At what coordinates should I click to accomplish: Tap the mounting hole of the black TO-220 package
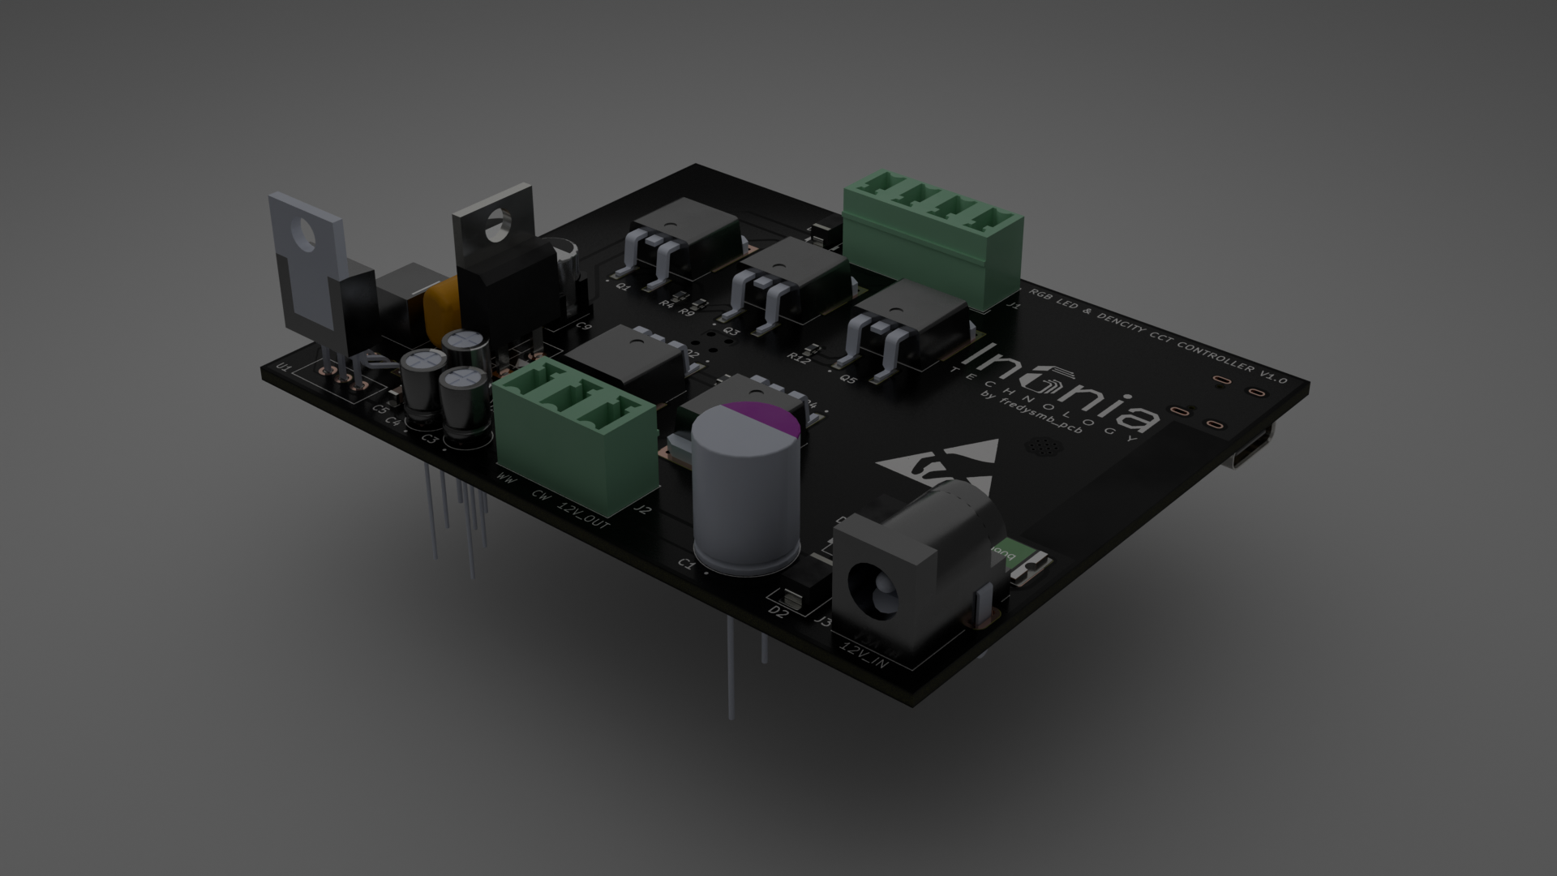497,224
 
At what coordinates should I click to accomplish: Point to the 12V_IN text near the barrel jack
864,656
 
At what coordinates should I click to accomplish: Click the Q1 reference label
624,286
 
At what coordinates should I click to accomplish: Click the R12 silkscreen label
799,356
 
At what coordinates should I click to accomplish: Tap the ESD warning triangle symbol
941,461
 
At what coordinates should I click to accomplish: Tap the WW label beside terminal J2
506,479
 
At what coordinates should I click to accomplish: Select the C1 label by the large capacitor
687,563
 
